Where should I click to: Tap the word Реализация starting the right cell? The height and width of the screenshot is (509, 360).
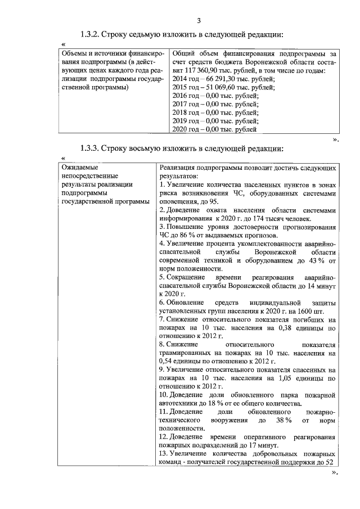(x=179, y=167)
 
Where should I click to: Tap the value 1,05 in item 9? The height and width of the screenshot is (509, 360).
(x=278, y=378)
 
